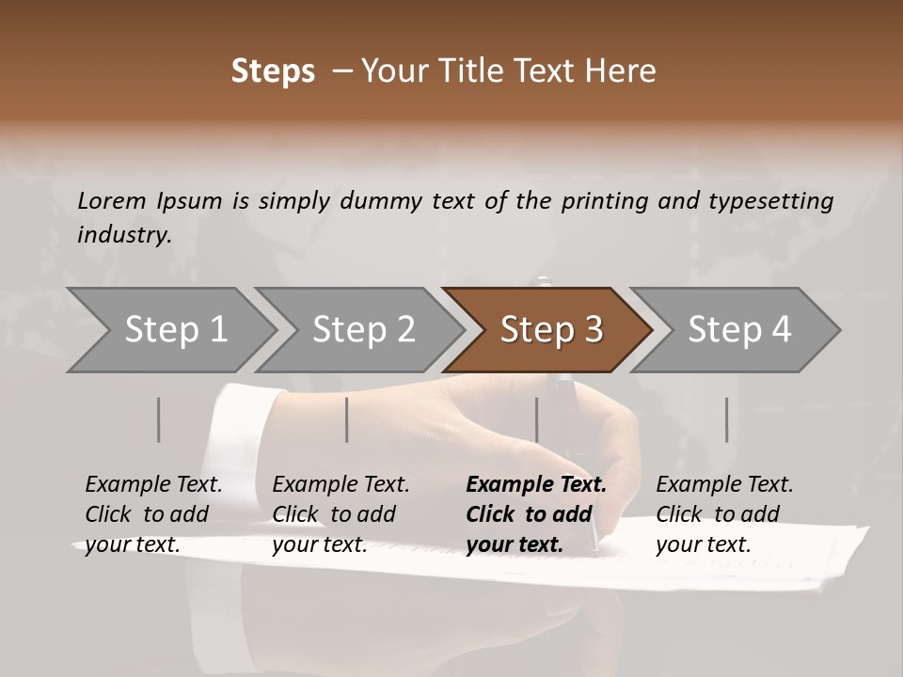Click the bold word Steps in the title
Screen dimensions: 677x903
[273, 71]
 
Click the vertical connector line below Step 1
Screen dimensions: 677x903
[159, 419]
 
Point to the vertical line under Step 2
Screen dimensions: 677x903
[347, 419]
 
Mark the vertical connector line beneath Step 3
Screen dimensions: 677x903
[537, 419]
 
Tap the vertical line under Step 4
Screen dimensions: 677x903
[727, 419]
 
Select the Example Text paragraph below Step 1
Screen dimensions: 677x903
[153, 514]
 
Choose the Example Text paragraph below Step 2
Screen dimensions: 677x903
[341, 514]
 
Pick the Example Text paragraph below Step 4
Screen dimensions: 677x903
[724, 514]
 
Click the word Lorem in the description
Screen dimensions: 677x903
[112, 200]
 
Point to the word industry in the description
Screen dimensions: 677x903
[123, 235]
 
